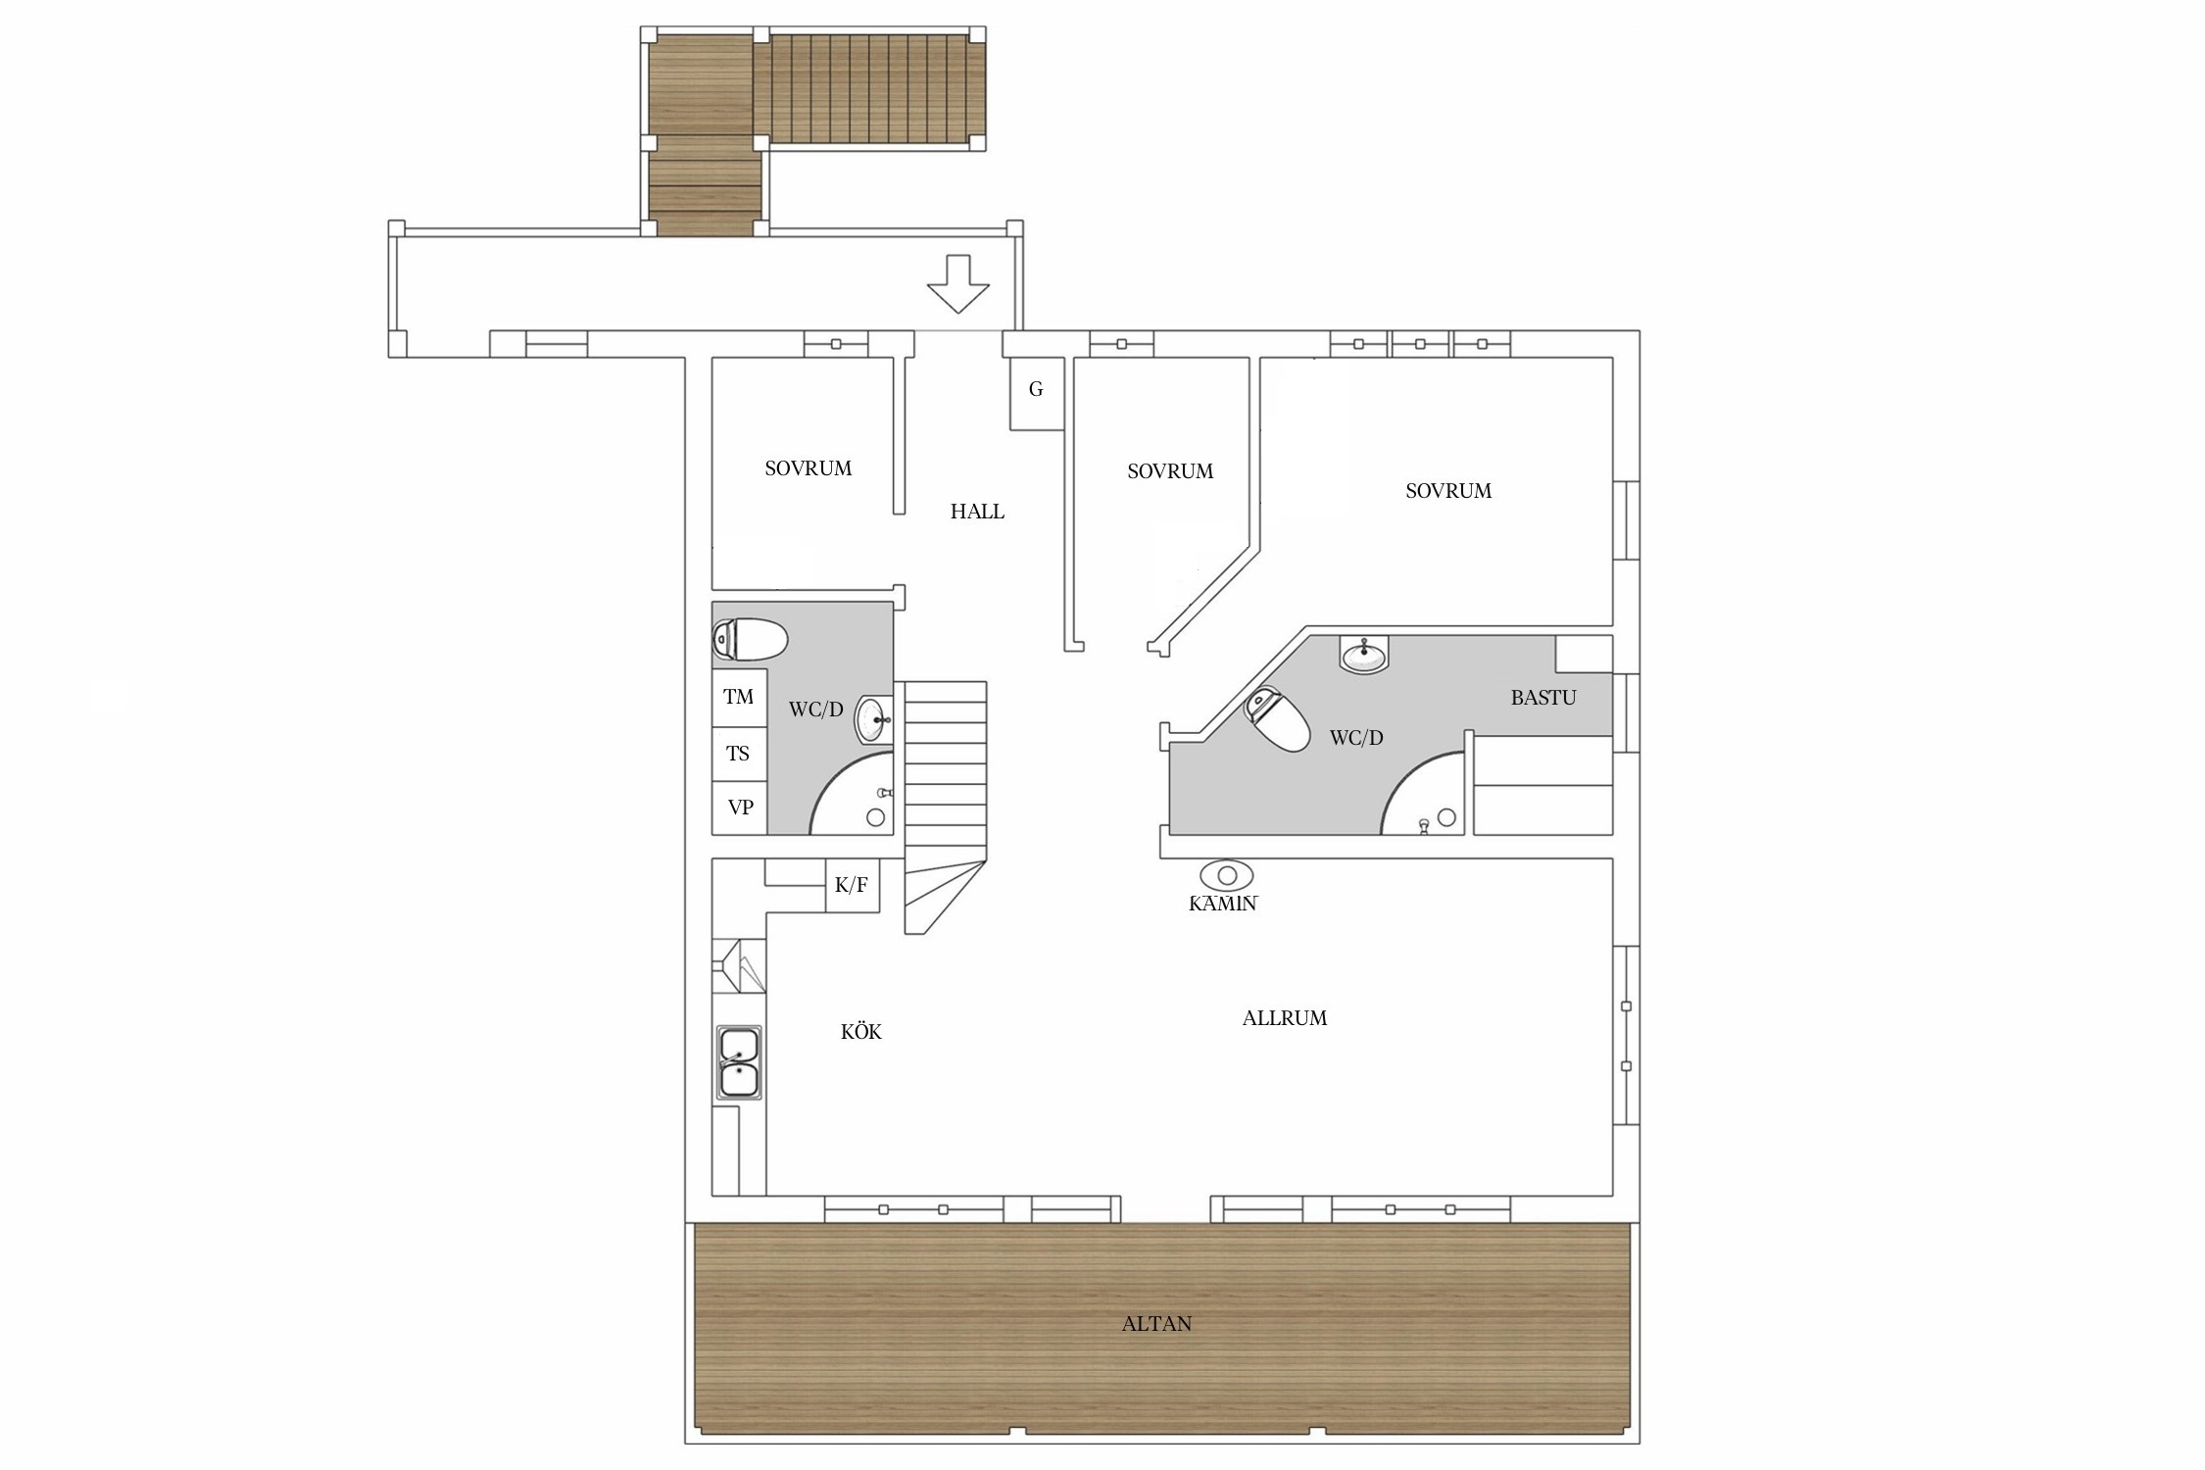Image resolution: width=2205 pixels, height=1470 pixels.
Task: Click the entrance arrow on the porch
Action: (x=957, y=284)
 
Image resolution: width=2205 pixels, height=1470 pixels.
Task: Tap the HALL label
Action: (x=977, y=512)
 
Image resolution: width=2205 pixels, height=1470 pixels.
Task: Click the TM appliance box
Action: (x=739, y=698)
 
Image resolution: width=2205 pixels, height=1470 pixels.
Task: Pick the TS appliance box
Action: (x=739, y=754)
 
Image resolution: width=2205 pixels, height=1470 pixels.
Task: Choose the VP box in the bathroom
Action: (x=739, y=808)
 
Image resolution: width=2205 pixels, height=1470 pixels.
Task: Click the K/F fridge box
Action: (x=852, y=886)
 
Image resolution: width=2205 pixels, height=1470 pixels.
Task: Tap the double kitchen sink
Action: (x=739, y=1062)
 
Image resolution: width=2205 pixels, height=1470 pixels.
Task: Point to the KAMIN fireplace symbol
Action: (x=1226, y=875)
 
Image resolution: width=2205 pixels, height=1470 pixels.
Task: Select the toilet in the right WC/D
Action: (x=1278, y=720)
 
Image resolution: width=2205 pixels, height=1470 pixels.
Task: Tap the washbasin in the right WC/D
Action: (x=1364, y=654)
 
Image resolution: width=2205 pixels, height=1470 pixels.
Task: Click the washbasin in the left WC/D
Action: (x=874, y=720)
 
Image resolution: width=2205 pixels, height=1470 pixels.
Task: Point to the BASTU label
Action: (x=1543, y=698)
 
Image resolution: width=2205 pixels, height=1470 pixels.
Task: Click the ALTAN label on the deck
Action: (x=1156, y=1324)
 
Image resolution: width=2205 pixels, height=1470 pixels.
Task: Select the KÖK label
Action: (x=861, y=1031)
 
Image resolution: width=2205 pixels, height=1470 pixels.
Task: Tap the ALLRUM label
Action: (x=1285, y=1018)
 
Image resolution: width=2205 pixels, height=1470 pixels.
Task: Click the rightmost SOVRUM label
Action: (x=1448, y=491)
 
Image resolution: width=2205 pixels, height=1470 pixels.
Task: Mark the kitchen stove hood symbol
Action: (x=739, y=965)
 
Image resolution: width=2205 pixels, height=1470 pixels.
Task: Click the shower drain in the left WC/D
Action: (x=876, y=817)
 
